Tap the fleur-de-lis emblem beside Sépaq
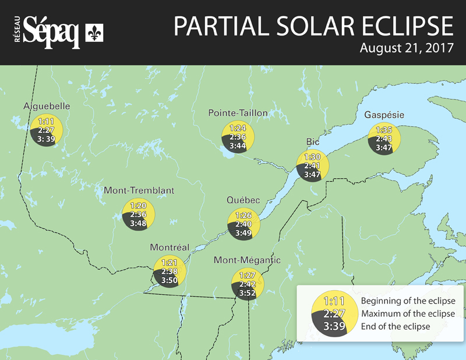tap(94, 33)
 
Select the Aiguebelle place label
tap(47, 106)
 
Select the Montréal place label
tap(170, 247)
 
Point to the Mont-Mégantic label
tap(247, 260)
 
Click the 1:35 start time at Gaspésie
tap(384, 130)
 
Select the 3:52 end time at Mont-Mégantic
tap(248, 293)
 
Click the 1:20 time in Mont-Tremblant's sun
tap(138, 206)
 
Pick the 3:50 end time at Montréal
tap(170, 280)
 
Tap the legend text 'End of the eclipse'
tap(396, 326)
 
